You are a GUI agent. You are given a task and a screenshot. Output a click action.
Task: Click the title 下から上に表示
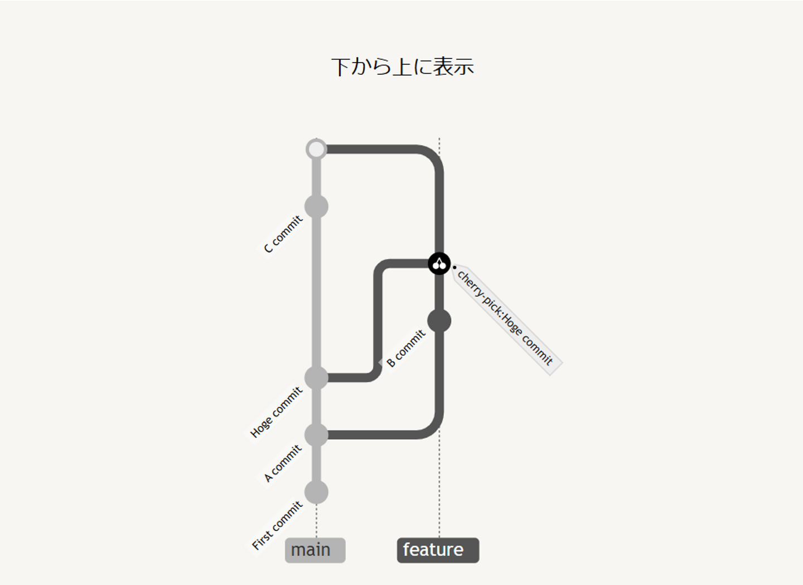[402, 66]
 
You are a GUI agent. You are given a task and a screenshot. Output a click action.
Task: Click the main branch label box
[315, 550]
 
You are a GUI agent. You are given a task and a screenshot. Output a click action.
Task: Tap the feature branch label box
[438, 550]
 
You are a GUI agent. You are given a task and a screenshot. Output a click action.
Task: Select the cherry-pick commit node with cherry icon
[439, 263]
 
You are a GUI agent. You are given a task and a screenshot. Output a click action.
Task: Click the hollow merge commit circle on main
[316, 149]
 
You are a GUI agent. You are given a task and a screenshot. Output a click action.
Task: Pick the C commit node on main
[316, 206]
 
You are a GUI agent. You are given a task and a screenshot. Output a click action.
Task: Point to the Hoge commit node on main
[316, 378]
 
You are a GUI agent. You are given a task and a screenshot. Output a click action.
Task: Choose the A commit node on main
[316, 435]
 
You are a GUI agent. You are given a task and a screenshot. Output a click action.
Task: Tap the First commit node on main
[316, 492]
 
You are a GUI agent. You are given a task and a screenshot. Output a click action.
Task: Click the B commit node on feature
[439, 321]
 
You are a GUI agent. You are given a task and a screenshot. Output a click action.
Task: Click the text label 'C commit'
[283, 234]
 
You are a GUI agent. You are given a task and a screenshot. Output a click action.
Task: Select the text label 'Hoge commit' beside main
[277, 413]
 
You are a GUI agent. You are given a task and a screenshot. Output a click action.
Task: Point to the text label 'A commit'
[283, 463]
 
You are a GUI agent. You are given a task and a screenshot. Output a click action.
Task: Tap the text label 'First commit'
[277, 525]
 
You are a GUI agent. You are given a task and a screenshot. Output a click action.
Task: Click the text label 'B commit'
[406, 349]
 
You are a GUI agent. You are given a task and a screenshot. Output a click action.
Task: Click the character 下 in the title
[341, 67]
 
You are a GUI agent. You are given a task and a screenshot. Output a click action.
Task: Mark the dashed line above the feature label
[439, 485]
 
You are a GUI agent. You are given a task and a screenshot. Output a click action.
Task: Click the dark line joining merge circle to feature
[379, 149]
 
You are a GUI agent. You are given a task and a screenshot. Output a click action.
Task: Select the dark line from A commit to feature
[379, 435]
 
